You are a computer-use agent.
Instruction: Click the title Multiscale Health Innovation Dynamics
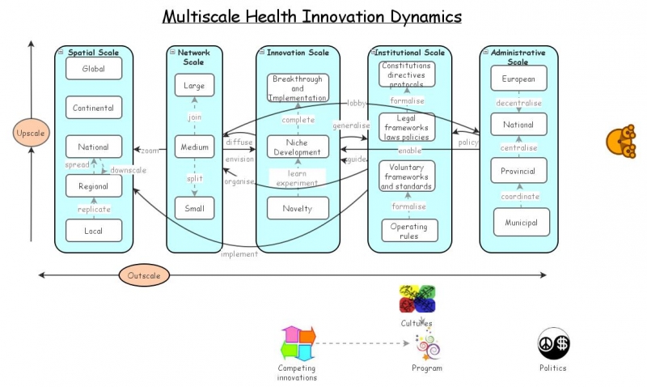click(x=312, y=16)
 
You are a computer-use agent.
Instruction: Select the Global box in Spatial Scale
click(x=94, y=69)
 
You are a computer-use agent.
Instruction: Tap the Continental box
click(x=94, y=108)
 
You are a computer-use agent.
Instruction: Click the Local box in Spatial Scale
click(x=94, y=231)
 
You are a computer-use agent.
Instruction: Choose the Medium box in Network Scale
click(x=194, y=147)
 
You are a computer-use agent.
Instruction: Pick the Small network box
click(x=194, y=208)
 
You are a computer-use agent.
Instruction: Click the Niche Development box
click(x=298, y=147)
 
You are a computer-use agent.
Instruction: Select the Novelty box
click(x=298, y=208)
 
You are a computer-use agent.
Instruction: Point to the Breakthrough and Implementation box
click(x=298, y=87)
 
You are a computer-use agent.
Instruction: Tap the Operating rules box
click(x=408, y=231)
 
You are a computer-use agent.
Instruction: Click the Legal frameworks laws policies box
click(x=408, y=127)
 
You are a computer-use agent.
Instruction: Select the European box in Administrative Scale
click(x=518, y=79)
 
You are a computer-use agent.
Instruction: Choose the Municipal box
click(x=521, y=223)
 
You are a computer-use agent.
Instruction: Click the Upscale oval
click(x=31, y=132)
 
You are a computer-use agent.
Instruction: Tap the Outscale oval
click(x=145, y=275)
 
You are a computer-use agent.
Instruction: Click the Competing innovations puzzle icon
click(x=297, y=343)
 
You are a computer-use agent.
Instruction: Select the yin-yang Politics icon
click(x=554, y=343)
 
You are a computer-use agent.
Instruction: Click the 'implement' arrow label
click(x=239, y=254)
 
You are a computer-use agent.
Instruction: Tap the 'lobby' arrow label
click(x=357, y=103)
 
